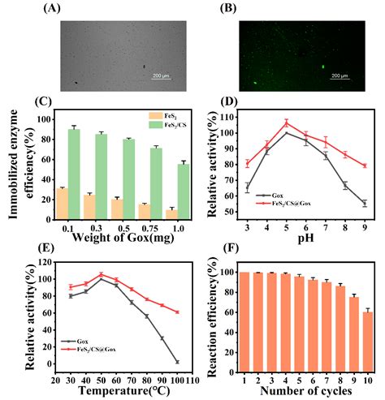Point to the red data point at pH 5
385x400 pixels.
pyautogui.click(x=286, y=124)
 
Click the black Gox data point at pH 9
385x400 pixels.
pyautogui.click(x=365, y=203)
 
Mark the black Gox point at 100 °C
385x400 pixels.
pyautogui.click(x=176, y=362)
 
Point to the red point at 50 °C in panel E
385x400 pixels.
pyautogui.click(x=101, y=274)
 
